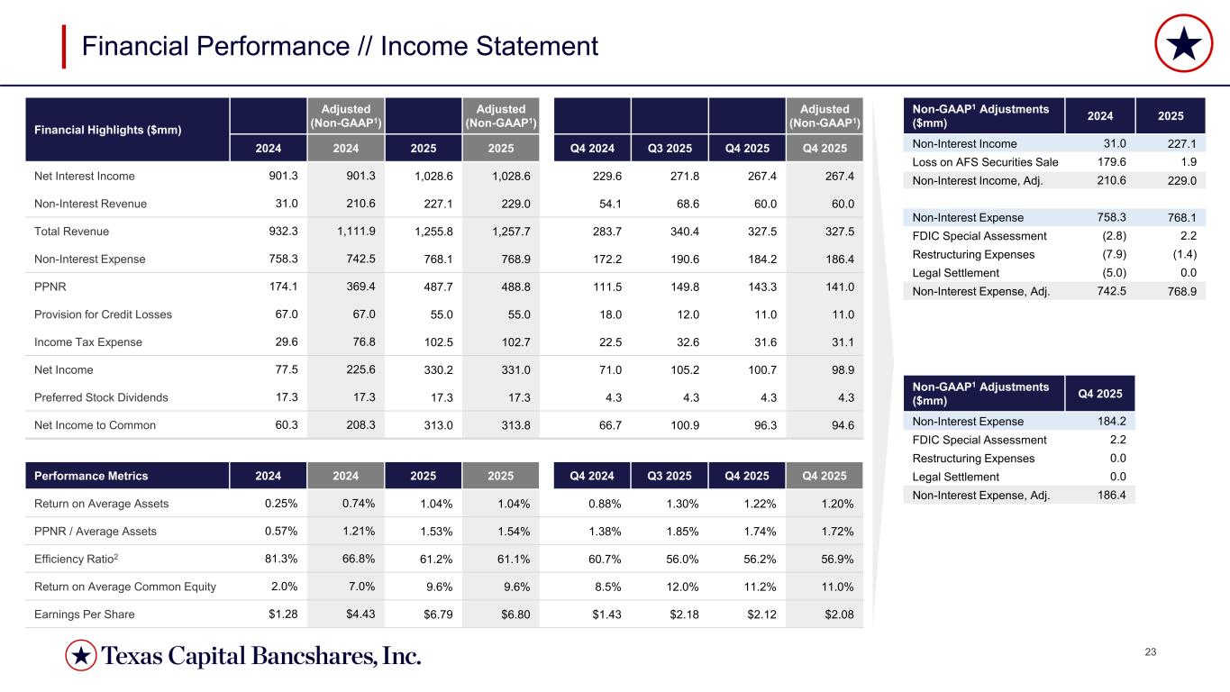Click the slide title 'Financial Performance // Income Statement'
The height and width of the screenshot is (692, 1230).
(x=340, y=46)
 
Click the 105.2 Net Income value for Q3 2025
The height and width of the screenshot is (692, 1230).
(x=670, y=369)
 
